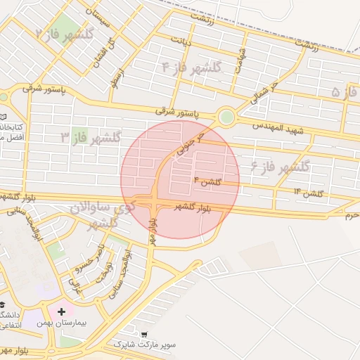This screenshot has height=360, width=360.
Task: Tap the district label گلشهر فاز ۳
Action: [x=91, y=136]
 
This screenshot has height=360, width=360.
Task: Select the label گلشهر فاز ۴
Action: [x=191, y=68]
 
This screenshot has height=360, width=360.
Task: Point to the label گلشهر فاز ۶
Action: [x=280, y=167]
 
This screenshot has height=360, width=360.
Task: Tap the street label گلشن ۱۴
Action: [x=307, y=193]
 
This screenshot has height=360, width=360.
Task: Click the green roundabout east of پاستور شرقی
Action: [x=226, y=117]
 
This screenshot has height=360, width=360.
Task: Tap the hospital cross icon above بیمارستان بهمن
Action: [x=61, y=311]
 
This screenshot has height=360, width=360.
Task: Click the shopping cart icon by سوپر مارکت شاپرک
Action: [x=145, y=334]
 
